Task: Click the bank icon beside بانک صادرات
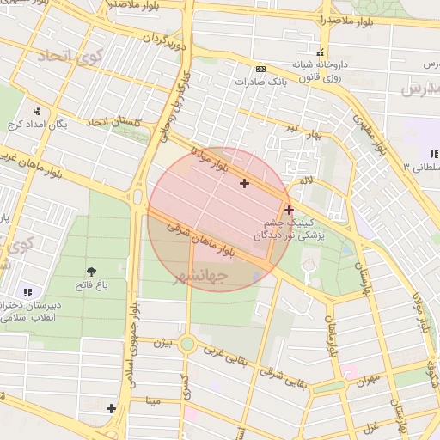coord(261,69)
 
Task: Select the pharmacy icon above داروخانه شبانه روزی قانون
coord(321,52)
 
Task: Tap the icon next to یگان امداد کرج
coord(37,111)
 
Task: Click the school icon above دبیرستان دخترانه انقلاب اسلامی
coord(27,292)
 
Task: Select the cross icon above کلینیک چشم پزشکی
coord(289,209)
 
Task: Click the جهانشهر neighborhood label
coord(200,277)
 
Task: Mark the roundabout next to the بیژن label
coord(187,345)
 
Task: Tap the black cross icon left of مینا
coord(111,407)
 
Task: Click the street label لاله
coord(306,181)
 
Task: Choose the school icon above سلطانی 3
coord(433,154)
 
